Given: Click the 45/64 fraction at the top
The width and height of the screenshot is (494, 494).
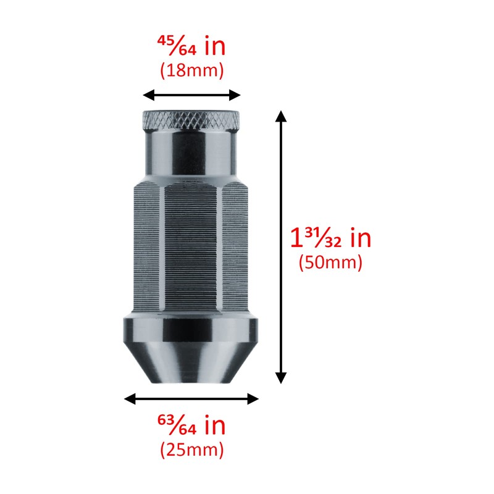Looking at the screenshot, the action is (x=177, y=46).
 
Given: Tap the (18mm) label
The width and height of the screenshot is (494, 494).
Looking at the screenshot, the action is (x=192, y=70).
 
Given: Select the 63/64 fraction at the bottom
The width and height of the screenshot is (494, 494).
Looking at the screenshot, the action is (x=177, y=425).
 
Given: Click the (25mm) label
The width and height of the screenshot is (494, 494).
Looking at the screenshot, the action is (x=192, y=450).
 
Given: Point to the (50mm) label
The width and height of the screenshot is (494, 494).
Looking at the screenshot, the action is (x=330, y=262).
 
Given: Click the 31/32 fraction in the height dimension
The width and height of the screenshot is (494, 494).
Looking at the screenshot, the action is (x=323, y=238).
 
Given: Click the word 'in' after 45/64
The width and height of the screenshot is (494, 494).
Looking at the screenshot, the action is (x=215, y=46).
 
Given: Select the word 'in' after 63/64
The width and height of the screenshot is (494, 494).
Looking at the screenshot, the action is (x=215, y=425).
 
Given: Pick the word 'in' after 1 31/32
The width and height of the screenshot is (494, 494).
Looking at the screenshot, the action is (x=361, y=238).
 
